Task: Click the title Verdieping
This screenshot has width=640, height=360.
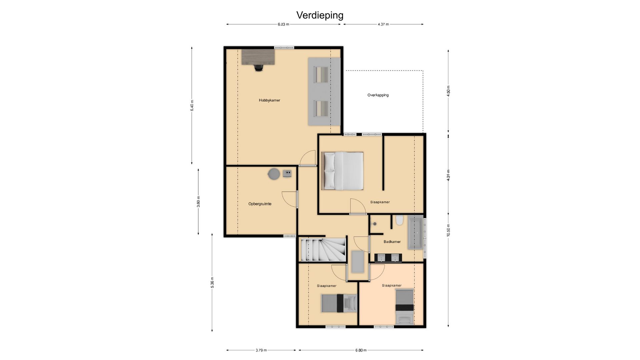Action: click(x=320, y=15)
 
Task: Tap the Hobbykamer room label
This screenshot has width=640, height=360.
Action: click(x=269, y=100)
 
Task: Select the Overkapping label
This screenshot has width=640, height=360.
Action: click(x=378, y=95)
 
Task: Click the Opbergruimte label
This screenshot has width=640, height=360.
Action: click(x=260, y=204)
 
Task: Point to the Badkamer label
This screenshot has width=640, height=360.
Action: click(x=392, y=242)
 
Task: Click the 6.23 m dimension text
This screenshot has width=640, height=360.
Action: click(x=283, y=24)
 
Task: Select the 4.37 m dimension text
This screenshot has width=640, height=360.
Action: click(x=383, y=24)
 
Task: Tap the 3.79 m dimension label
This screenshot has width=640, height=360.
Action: click(x=261, y=350)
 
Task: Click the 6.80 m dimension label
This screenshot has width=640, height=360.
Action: click(x=361, y=350)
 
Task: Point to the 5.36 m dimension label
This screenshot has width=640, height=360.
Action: click(x=212, y=282)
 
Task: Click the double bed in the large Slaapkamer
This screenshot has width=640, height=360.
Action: click(x=342, y=171)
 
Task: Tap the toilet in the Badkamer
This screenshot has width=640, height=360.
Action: click(x=399, y=220)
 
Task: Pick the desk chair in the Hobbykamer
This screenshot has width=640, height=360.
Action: click(x=259, y=68)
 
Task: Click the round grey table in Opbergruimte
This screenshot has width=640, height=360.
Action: click(x=274, y=174)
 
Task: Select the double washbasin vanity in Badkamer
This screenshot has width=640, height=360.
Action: click(x=388, y=258)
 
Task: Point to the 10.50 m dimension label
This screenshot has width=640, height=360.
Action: click(x=448, y=230)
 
